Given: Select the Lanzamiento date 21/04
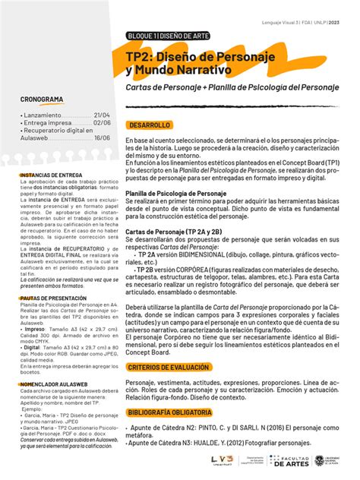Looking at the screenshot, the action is tap(101, 114).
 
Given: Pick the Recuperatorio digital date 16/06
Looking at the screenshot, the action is tap(101, 137).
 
